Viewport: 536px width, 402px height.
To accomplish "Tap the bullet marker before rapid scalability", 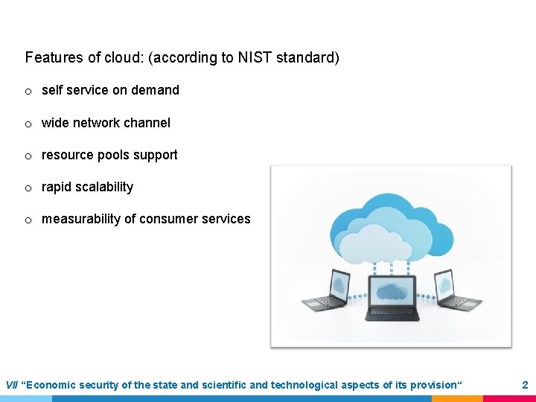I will click(x=28, y=188).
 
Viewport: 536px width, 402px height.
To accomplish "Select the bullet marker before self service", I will click(x=28, y=91).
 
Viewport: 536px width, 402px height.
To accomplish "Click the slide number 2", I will click(x=524, y=385).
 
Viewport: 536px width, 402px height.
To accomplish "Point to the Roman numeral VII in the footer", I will click(x=12, y=385).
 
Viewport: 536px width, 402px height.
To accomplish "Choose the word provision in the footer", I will click(x=433, y=385).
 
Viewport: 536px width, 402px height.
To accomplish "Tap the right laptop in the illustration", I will click(x=456, y=290).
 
